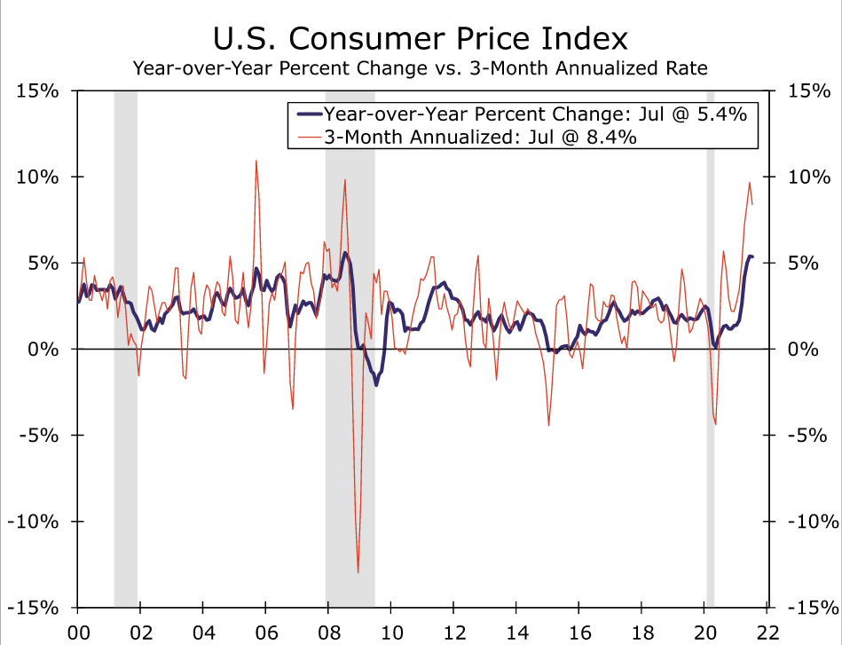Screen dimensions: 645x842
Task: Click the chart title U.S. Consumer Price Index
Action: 421,39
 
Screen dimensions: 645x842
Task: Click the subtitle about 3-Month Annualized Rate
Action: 421,67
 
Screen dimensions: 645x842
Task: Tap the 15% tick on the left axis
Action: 37,90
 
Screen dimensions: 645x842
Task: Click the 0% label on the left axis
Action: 43,349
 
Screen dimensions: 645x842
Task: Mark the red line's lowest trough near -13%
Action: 358,571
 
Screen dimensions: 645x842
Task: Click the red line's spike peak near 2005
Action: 256,161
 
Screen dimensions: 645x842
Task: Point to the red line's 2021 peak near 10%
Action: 749,183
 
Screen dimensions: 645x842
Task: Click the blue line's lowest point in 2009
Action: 376,385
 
